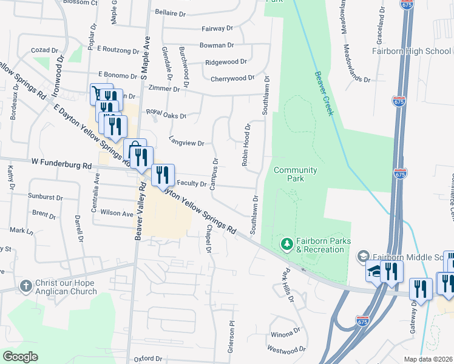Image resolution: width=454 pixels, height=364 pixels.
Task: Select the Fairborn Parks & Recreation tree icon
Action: (286, 244)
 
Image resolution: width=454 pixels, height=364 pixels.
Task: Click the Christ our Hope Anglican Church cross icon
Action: (25, 285)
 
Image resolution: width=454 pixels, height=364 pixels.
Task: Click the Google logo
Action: (20, 357)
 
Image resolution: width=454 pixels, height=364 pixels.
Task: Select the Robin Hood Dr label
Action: (246, 146)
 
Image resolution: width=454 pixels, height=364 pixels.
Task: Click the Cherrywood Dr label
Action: (232, 78)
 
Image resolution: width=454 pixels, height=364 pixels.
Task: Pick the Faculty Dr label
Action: (192, 183)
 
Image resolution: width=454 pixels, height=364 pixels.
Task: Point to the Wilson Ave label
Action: (117, 214)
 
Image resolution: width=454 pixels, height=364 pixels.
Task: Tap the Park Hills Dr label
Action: (287, 286)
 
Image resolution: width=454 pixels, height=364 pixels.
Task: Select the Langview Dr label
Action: (186, 143)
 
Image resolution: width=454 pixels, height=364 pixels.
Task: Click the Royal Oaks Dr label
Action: (166, 114)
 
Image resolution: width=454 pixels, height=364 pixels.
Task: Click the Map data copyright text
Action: (429, 359)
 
